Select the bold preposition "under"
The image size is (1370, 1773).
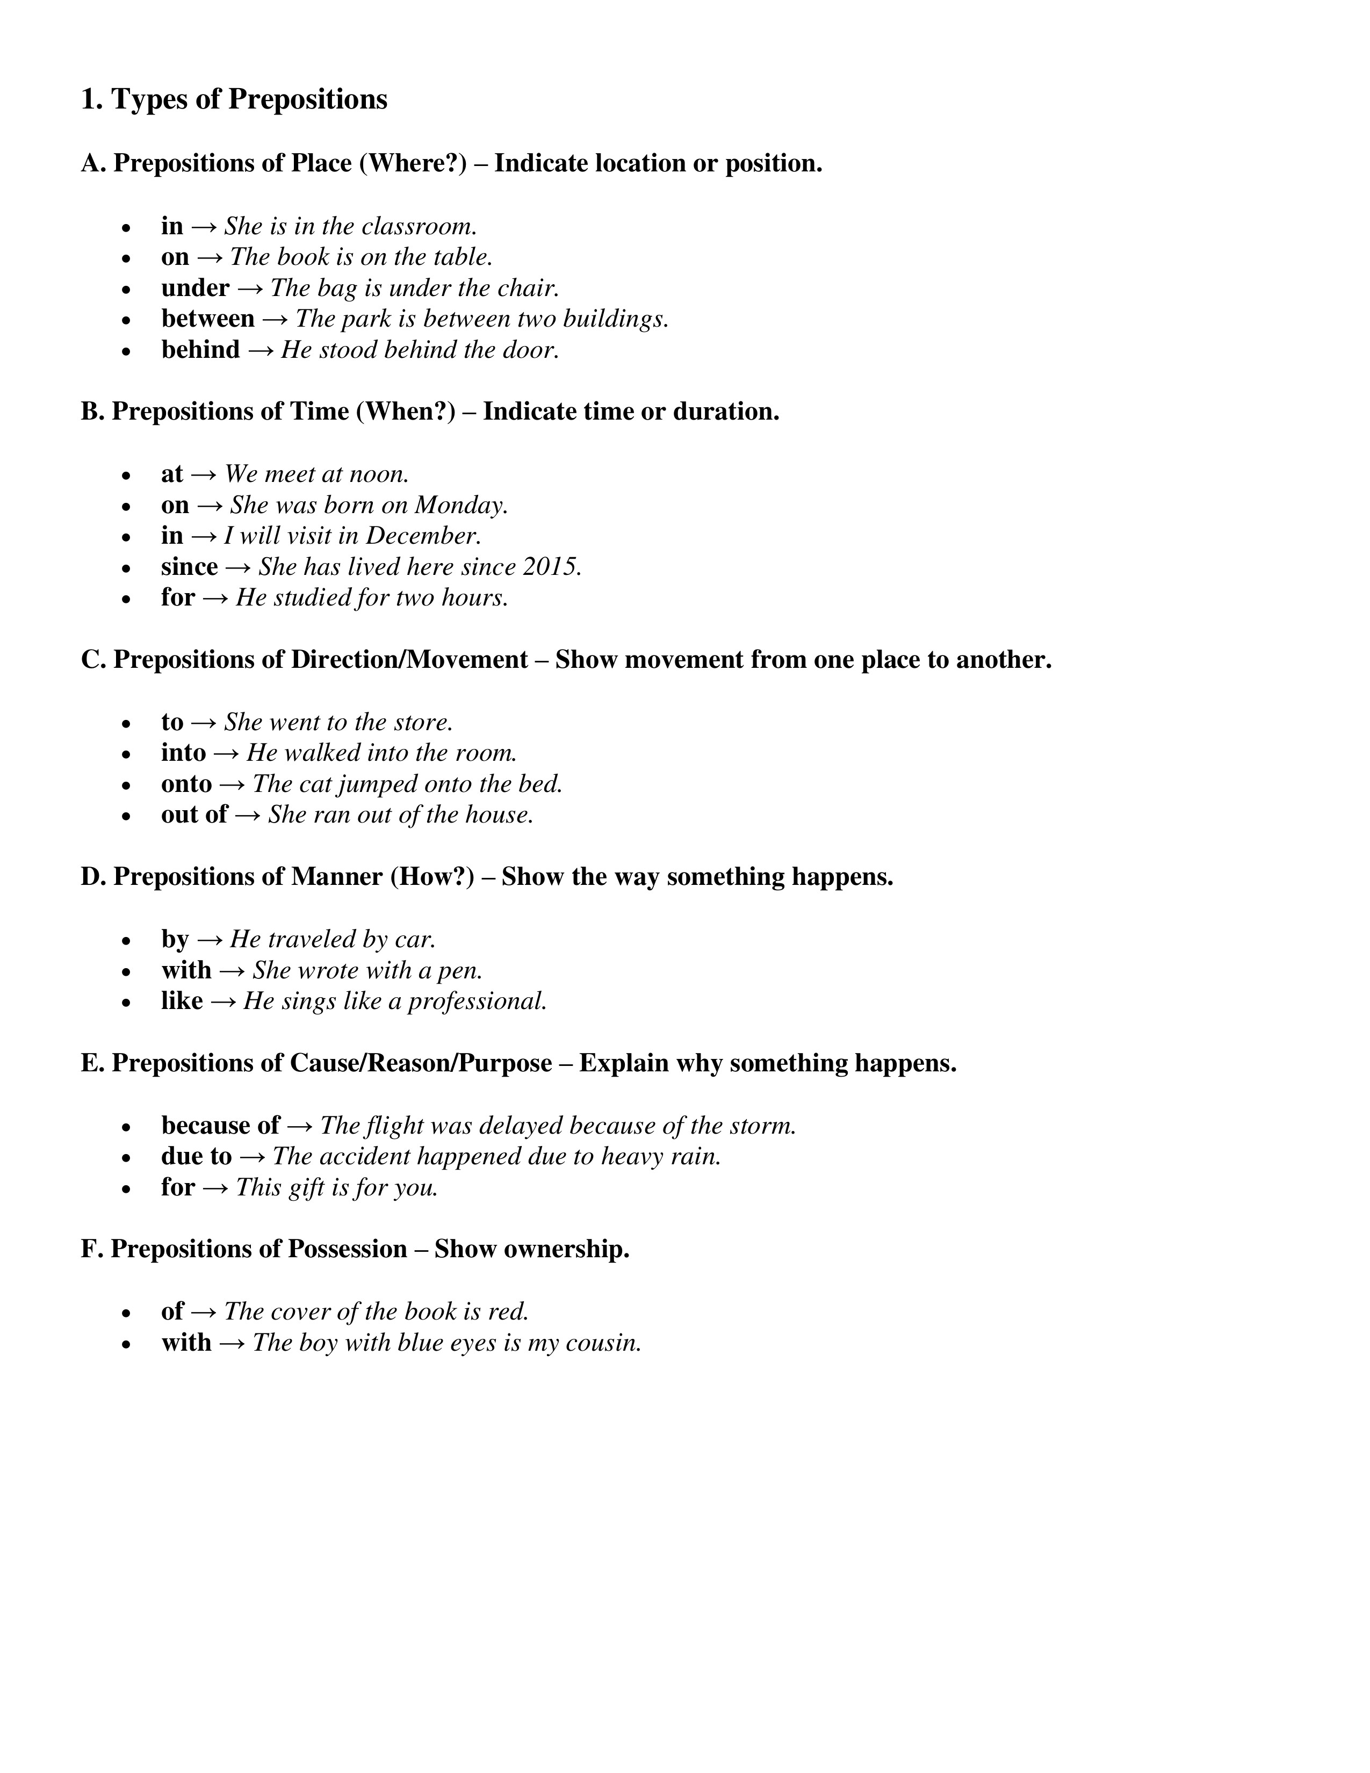point(195,288)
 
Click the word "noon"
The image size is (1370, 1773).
point(378,474)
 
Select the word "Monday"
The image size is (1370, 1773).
point(460,505)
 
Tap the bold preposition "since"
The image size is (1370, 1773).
point(189,567)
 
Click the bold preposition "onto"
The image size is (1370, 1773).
point(186,784)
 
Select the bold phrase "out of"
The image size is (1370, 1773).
point(194,815)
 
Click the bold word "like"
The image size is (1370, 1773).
point(182,1001)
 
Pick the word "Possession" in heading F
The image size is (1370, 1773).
point(348,1249)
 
